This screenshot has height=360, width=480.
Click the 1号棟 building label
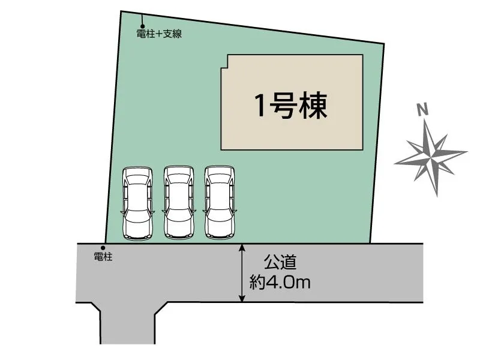pyautogui.click(x=291, y=107)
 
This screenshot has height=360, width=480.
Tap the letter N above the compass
pyautogui.click(x=423, y=109)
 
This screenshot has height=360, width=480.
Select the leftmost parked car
pyautogui.click(x=137, y=203)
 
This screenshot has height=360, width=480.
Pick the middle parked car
pyautogui.click(x=179, y=202)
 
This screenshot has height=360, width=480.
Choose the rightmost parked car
pyautogui.click(x=220, y=202)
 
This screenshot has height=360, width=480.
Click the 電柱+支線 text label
pyautogui.click(x=159, y=34)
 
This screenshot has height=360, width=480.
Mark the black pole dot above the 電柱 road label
pyautogui.click(x=103, y=247)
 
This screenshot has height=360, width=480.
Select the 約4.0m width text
pyautogui.click(x=280, y=281)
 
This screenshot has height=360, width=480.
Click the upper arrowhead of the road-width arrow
pyautogui.click(x=242, y=248)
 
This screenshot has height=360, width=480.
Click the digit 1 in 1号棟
pyautogui.click(x=260, y=107)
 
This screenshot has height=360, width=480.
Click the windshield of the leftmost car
pyautogui.click(x=137, y=185)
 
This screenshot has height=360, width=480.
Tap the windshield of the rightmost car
pyautogui.click(x=220, y=184)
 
